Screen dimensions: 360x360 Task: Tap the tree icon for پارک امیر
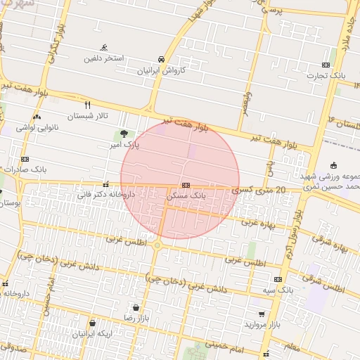(x=124, y=134)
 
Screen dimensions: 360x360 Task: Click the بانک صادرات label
(x=24, y=169)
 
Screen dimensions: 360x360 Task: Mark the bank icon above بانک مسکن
(x=186, y=185)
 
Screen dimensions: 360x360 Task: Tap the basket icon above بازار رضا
(x=134, y=308)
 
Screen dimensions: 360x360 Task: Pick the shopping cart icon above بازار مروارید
(x=262, y=314)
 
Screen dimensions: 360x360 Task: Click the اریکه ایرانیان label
(x=93, y=333)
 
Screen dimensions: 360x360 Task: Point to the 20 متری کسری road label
(x=259, y=190)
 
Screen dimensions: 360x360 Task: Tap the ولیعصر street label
(x=260, y=98)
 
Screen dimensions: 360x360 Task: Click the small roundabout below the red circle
(x=157, y=245)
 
